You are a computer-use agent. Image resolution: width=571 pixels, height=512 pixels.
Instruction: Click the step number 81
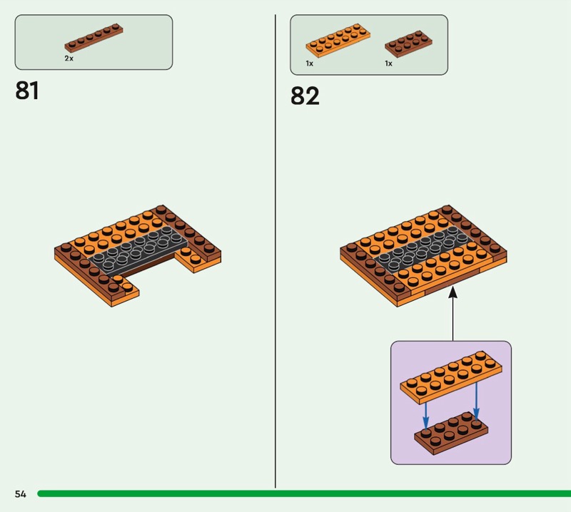tap(27, 91)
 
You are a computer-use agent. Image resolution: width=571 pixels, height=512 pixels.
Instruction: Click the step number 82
tap(305, 96)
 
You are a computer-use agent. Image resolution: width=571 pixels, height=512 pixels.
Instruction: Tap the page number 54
tap(20, 494)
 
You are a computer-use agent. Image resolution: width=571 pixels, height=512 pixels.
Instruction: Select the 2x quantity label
tap(69, 58)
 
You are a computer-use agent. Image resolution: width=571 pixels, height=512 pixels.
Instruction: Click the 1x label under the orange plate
tap(310, 63)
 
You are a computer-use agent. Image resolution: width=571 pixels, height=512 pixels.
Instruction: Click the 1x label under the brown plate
tap(389, 63)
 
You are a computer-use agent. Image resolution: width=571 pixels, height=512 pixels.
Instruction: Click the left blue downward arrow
tap(425, 412)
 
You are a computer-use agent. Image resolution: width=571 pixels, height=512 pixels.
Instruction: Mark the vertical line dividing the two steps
tap(276, 250)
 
